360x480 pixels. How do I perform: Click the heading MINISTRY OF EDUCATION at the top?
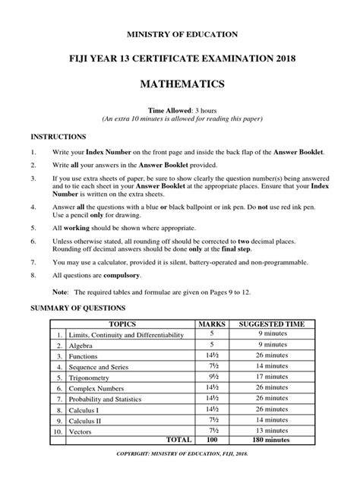[x=180, y=34]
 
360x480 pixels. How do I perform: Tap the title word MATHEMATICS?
[x=180, y=82]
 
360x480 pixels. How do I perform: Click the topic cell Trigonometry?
[x=92, y=376]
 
